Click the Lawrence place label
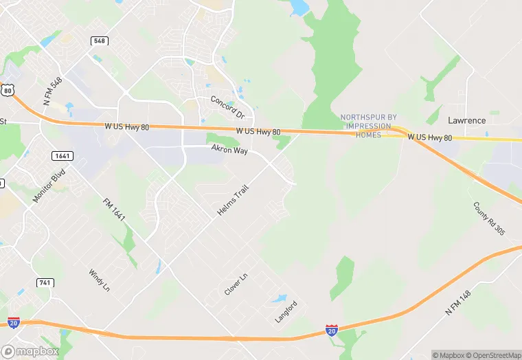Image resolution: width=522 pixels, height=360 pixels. click(466, 120)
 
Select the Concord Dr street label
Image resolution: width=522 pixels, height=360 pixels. click(227, 106)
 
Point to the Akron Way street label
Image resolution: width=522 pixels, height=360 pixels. click(229, 148)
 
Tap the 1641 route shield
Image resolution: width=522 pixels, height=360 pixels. click(62, 156)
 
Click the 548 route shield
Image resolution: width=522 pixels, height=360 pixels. click(100, 41)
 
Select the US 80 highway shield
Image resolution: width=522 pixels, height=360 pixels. click(7, 89)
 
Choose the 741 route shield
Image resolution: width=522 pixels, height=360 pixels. click(45, 283)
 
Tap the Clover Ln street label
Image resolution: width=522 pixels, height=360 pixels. click(235, 285)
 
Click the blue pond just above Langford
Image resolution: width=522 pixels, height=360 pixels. click(279, 299)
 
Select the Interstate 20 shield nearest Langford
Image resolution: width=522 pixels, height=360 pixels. click(332, 331)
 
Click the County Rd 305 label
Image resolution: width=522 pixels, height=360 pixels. click(488, 218)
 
